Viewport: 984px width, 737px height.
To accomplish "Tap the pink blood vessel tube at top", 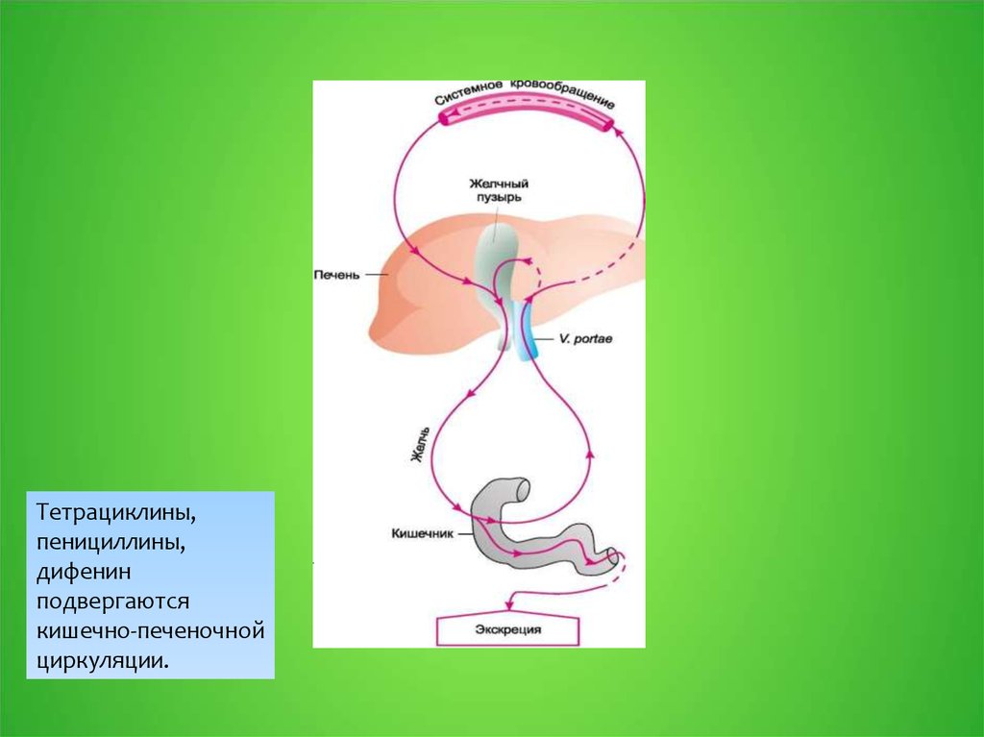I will coord(525,119).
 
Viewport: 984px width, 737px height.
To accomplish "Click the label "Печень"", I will coord(336,275).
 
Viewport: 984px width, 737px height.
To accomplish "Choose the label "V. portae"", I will coord(585,340).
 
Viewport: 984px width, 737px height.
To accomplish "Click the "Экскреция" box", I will coord(508,629).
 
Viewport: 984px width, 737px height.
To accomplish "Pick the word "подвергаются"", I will coord(115,602).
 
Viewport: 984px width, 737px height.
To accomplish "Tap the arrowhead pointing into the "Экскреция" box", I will coord(511,609).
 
